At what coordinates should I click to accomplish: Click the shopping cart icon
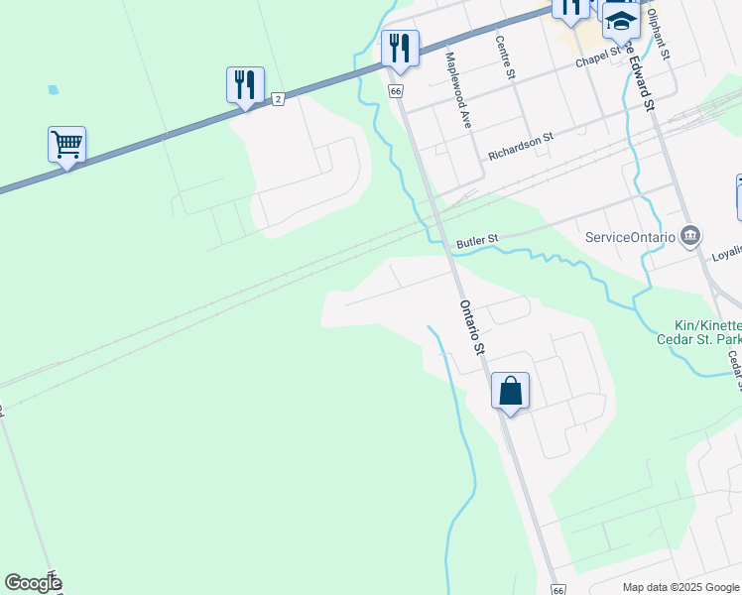tap(66, 145)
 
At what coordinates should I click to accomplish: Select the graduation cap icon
tap(621, 21)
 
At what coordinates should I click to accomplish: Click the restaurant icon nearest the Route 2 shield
tap(245, 85)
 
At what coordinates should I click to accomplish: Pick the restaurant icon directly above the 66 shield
tap(400, 49)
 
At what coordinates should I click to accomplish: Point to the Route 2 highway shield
tap(279, 98)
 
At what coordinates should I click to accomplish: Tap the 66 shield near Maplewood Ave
tap(396, 91)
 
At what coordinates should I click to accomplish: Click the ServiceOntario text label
tap(630, 237)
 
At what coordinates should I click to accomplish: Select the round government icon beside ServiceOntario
tap(692, 236)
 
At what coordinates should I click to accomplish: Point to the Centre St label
tap(506, 58)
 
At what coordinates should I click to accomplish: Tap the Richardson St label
tap(520, 149)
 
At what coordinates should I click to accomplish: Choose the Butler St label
tap(476, 241)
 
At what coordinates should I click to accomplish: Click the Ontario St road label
tap(471, 327)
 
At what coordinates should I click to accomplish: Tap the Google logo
tap(34, 583)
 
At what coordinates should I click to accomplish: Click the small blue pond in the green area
tap(53, 89)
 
